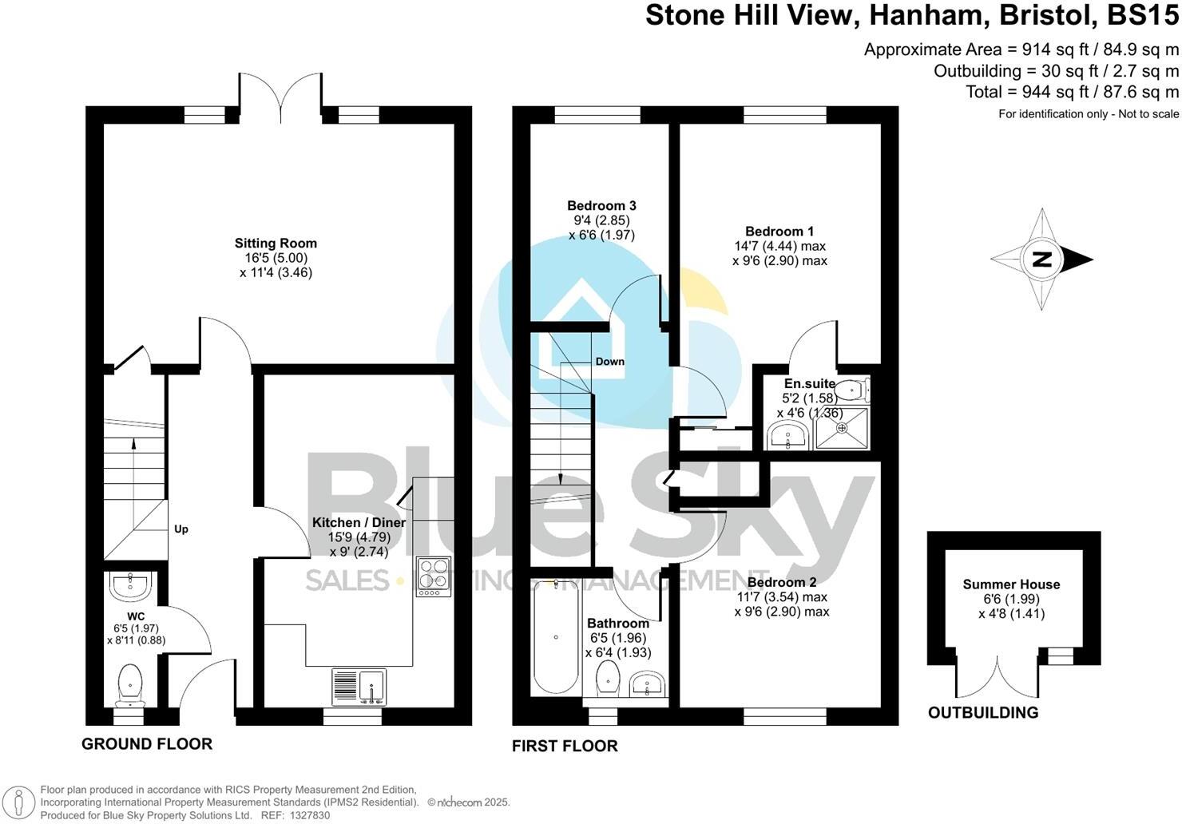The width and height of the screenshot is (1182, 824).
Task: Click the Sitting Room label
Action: click(x=276, y=244)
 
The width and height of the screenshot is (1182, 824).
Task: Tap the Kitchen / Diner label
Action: click(x=359, y=522)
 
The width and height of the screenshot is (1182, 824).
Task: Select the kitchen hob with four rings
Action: click(x=433, y=575)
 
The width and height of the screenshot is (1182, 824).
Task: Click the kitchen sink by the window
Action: click(x=359, y=687)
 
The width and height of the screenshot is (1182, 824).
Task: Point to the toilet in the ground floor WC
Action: click(x=129, y=686)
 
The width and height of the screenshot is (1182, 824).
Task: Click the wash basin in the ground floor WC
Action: click(x=129, y=586)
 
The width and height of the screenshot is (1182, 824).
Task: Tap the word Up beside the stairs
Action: click(x=181, y=529)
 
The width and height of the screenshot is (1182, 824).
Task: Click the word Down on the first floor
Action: click(x=609, y=362)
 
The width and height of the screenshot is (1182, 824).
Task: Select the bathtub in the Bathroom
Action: click(x=555, y=636)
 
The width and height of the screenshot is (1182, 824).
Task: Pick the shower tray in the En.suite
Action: click(x=842, y=427)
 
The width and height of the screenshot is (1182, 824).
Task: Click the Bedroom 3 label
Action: click(x=601, y=206)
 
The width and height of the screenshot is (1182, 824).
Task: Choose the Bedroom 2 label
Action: click(x=782, y=582)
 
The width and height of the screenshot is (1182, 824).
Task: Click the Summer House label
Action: click(x=1011, y=584)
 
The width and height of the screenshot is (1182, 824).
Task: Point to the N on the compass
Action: click(x=1041, y=259)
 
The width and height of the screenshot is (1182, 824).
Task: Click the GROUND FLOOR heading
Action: click(x=147, y=744)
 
